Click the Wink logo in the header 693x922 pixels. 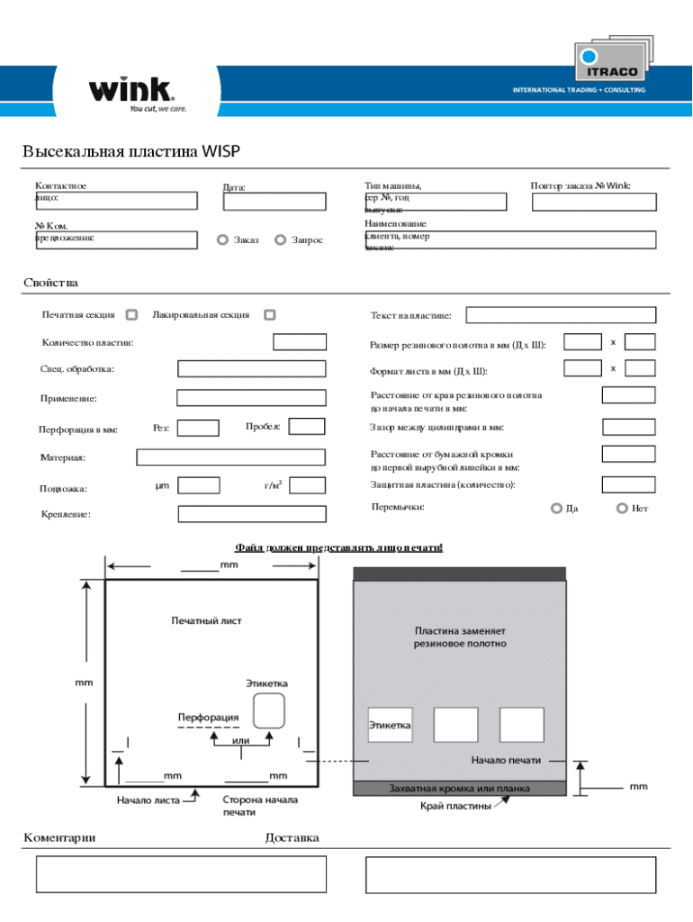point(131,92)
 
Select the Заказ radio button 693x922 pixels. point(222,240)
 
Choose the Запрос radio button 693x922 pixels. point(280,240)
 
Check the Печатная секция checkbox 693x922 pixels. point(131,315)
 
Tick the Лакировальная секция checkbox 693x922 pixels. point(270,315)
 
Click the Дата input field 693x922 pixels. point(274,202)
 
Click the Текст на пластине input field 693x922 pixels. point(561,315)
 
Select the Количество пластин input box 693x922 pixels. point(300,342)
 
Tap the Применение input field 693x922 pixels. point(250,398)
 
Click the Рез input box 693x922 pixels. point(201,428)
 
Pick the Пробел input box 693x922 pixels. point(307,427)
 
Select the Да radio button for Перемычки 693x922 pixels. point(556,509)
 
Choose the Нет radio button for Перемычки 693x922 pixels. point(622,509)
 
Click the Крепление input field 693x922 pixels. point(250,514)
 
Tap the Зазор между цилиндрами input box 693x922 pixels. point(628,427)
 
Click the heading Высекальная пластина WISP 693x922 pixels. point(131,151)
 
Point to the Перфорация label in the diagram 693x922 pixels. point(208,717)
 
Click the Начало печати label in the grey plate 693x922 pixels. point(506,760)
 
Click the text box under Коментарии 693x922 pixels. point(181,874)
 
